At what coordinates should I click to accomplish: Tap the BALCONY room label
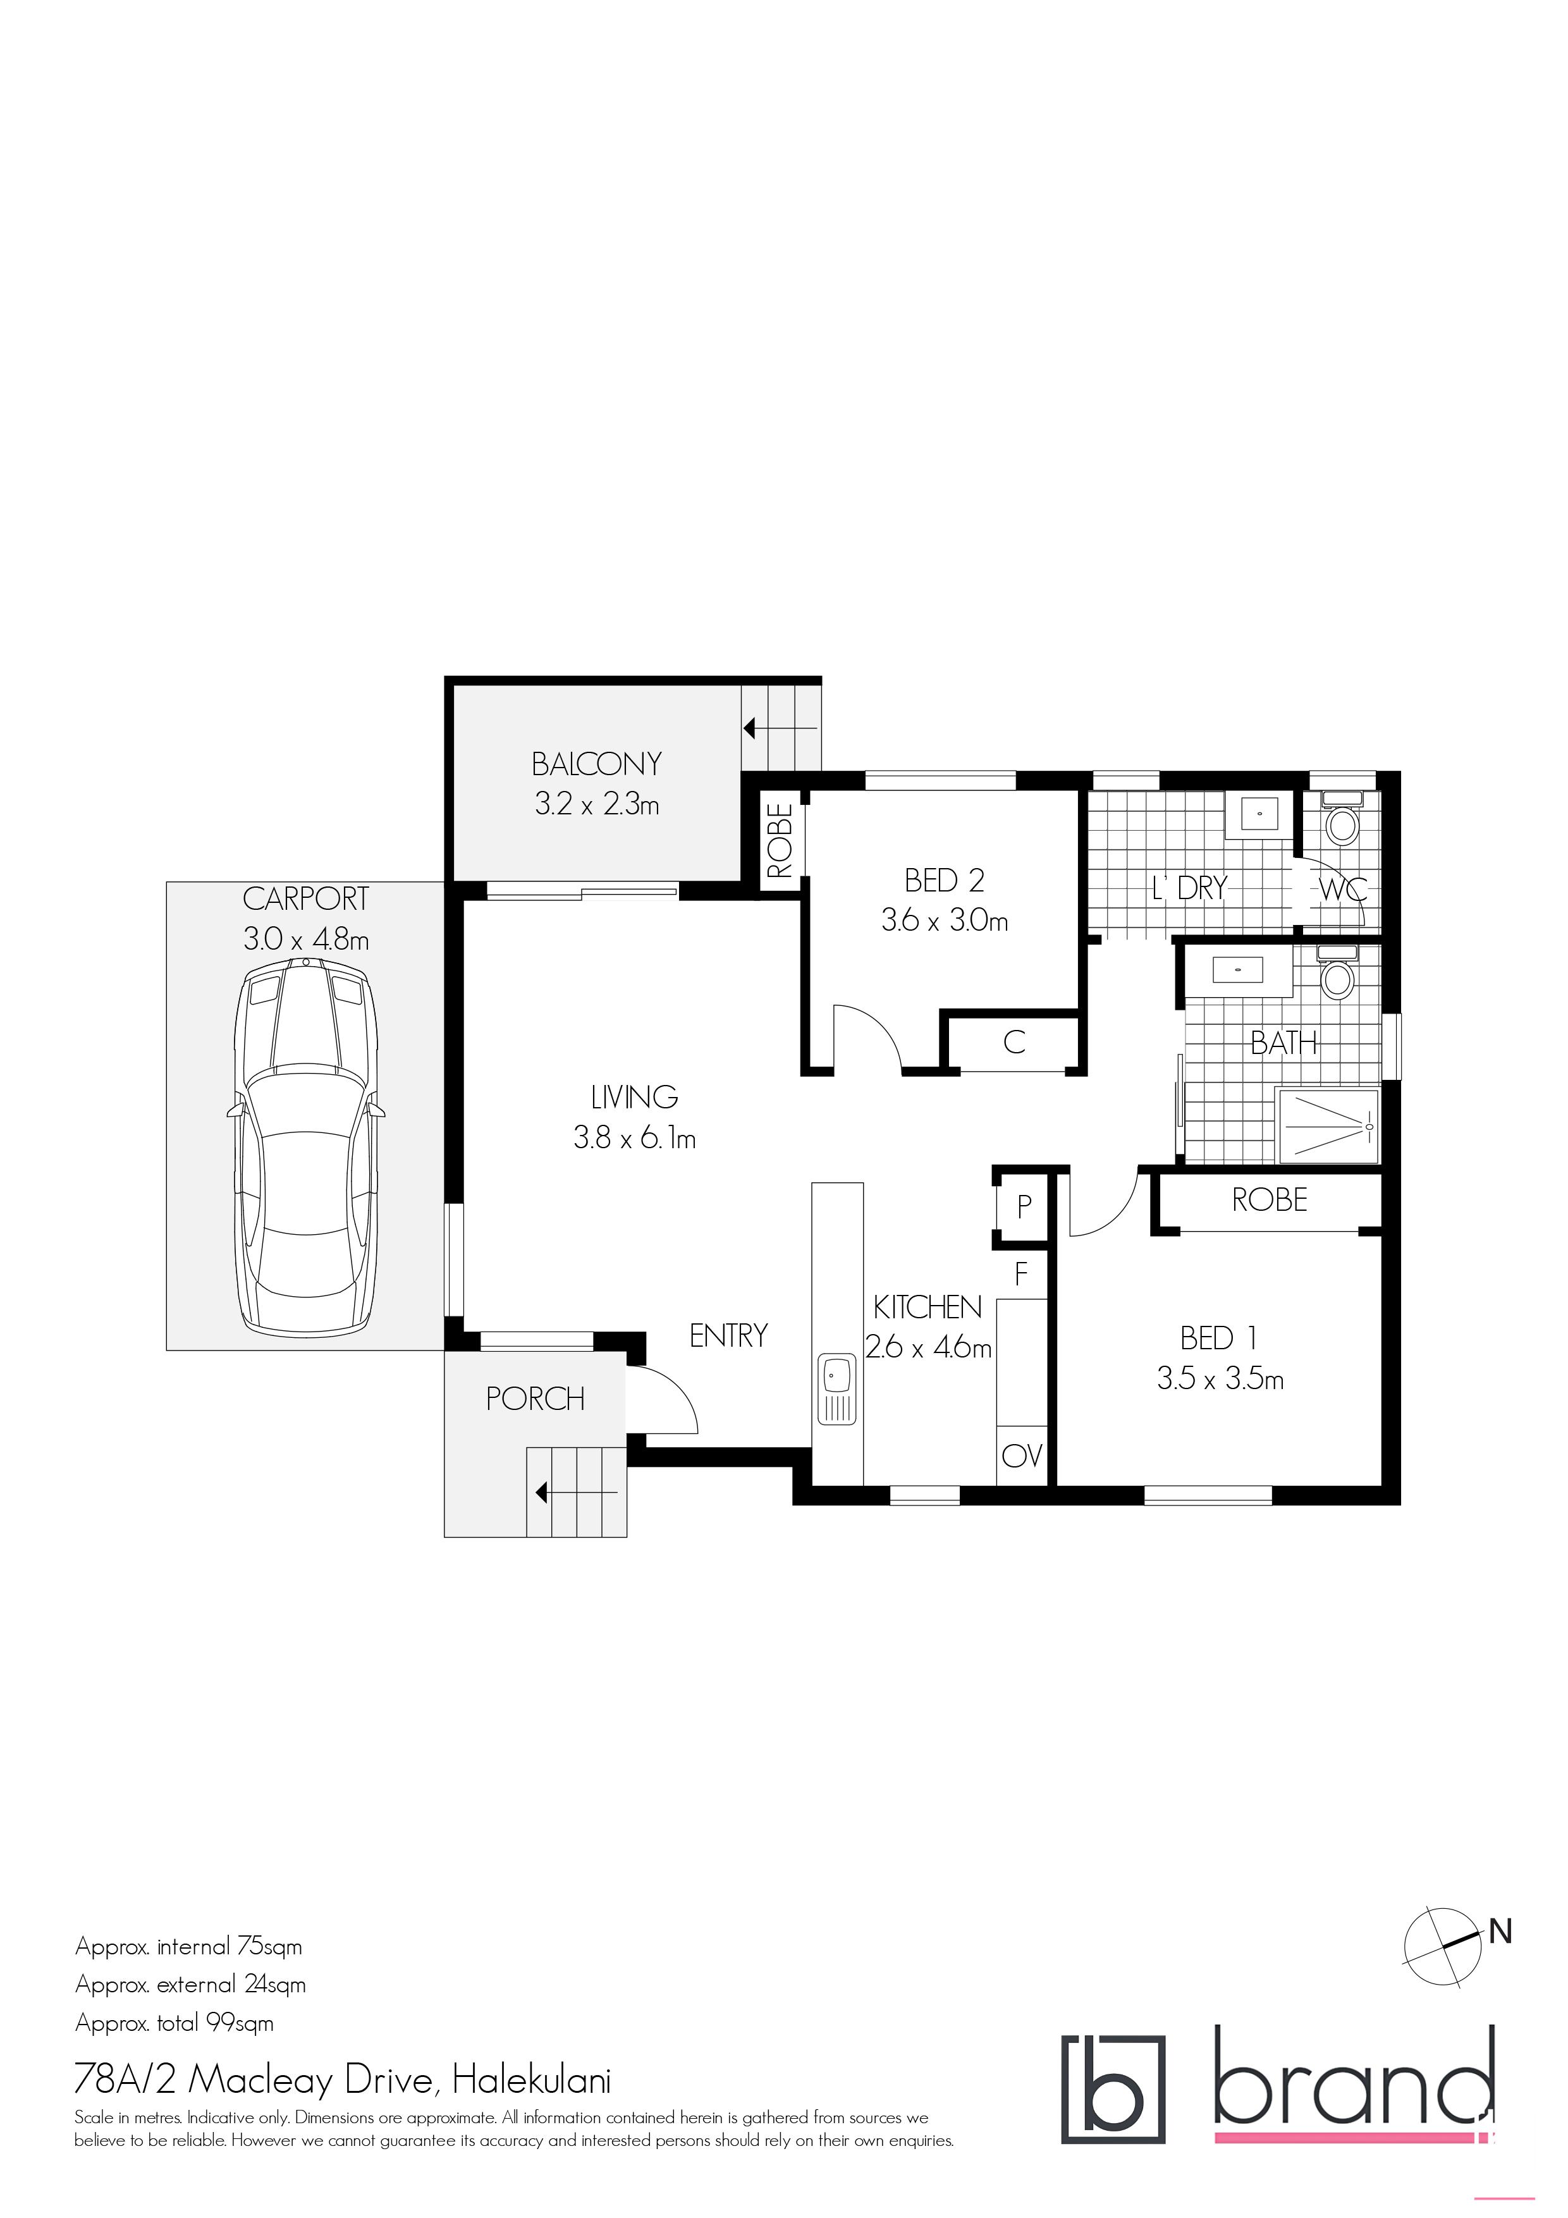point(596,764)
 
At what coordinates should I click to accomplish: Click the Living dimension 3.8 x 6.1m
point(635,1138)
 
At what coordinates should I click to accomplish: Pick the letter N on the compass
point(1500,1931)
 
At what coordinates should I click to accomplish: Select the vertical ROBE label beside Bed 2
point(780,840)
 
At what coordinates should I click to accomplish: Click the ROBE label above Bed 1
point(1270,1200)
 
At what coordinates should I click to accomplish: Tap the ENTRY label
point(728,1335)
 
